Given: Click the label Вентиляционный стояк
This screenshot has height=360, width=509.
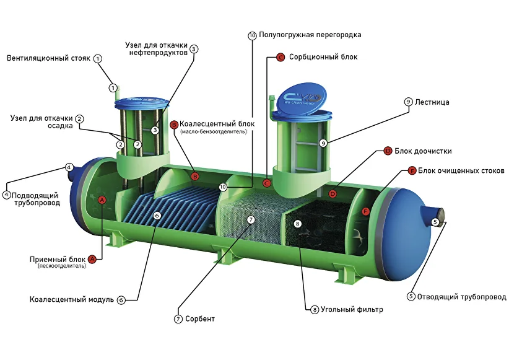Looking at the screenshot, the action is coord(48,58).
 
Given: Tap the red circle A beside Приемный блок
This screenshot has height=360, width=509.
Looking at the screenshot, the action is coord(92,259).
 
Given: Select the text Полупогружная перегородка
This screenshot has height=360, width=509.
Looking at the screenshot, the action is coord(310,35).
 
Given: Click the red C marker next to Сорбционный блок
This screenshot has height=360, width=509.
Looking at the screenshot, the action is coord(281,57).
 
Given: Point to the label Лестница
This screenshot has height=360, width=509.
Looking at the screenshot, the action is coord(432,102).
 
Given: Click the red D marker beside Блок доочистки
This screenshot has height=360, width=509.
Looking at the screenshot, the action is coord(388,151).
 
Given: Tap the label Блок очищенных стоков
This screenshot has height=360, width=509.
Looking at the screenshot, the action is coord(461,171).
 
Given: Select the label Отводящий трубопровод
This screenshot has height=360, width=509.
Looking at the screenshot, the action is coord(461,297).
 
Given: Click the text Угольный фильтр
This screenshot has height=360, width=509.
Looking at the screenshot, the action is coord(352,310).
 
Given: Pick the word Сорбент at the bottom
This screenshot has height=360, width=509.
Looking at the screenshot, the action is coord(200,319).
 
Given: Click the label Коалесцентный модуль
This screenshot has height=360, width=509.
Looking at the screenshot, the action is coord(72,299).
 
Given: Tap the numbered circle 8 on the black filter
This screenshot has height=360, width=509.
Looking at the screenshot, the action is coord(297,224).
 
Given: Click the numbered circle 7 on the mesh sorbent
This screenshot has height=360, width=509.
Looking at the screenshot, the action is coord(251,219).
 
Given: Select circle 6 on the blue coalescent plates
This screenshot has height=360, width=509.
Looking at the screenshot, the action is coord(157,216).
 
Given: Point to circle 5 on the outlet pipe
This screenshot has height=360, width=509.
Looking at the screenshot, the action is coord(435,222).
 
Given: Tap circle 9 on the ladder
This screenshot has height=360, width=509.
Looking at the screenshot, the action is coord(323,143).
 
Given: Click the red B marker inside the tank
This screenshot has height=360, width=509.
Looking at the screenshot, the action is coord(195,177).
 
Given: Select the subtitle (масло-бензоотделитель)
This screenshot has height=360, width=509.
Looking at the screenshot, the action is coord(214,131).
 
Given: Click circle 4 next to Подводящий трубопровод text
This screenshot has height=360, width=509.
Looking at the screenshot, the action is coord(6,195).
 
